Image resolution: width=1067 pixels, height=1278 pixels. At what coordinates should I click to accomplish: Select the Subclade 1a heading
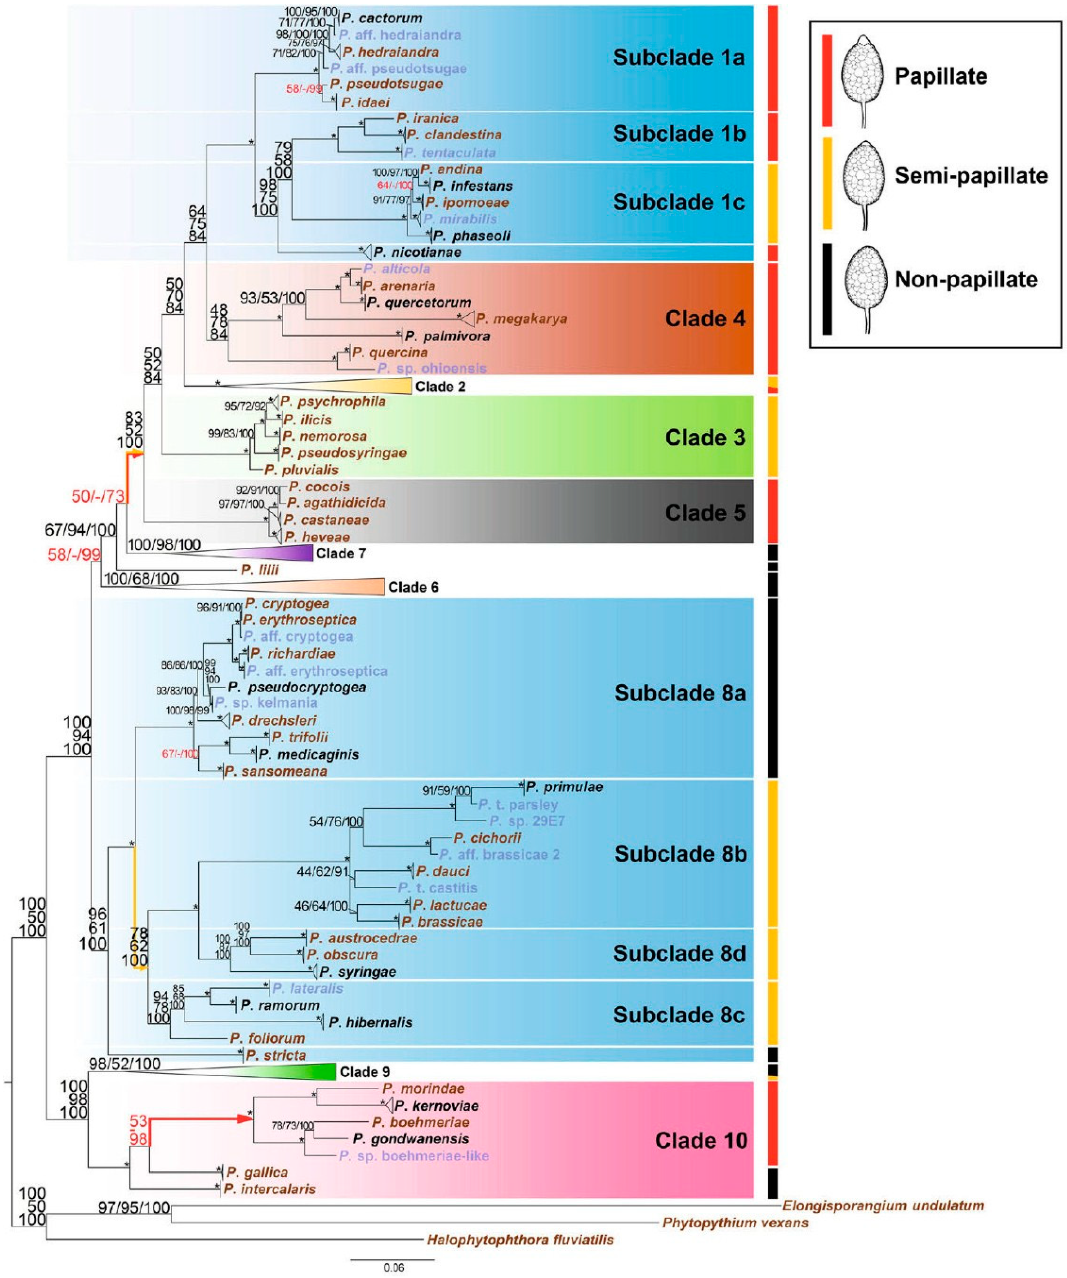tap(679, 57)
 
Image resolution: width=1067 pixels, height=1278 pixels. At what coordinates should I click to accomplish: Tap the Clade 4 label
tap(705, 318)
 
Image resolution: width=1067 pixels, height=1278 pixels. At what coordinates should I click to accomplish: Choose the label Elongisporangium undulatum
tap(883, 1205)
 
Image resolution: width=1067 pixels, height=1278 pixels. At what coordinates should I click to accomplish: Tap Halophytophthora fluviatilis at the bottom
tap(521, 1239)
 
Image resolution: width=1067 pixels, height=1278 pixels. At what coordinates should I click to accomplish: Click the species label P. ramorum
tap(280, 1005)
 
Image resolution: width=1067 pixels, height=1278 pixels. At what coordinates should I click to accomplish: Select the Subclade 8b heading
tap(680, 854)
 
